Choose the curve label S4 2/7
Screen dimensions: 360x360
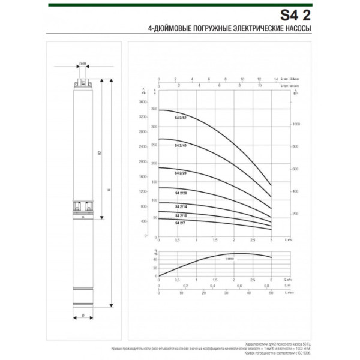179,223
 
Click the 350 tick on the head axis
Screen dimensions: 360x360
154,109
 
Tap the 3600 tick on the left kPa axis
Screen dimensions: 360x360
143,102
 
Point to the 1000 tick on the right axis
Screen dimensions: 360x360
296,124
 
